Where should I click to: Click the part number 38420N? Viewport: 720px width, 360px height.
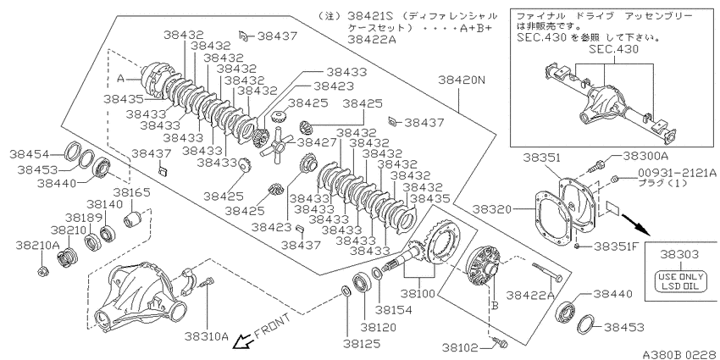click(x=461, y=80)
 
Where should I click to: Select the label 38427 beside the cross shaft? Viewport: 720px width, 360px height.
click(x=316, y=142)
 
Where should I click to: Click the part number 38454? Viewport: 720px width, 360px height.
click(x=30, y=154)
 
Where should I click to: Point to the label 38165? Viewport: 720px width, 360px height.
click(x=132, y=192)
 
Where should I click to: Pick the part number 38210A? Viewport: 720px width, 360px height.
click(x=37, y=245)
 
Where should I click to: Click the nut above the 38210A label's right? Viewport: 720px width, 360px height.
click(x=42, y=271)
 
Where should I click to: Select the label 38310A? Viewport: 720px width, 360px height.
click(x=207, y=336)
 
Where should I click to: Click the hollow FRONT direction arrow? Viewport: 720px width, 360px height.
click(x=242, y=341)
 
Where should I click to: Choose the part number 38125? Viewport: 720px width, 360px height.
click(x=363, y=343)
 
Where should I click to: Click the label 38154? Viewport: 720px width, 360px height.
click(x=393, y=310)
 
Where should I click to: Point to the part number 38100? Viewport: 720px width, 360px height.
click(x=418, y=292)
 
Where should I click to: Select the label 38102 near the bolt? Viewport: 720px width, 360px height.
click(x=462, y=347)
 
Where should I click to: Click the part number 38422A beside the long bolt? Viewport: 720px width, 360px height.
click(x=530, y=296)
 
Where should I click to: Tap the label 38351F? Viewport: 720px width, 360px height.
click(x=616, y=246)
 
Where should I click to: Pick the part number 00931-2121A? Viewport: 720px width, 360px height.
click(x=676, y=172)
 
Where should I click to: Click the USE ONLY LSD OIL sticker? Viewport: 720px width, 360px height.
click(x=680, y=282)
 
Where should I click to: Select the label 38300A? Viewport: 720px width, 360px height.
click(x=645, y=157)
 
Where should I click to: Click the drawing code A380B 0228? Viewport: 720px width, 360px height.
click(x=680, y=354)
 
